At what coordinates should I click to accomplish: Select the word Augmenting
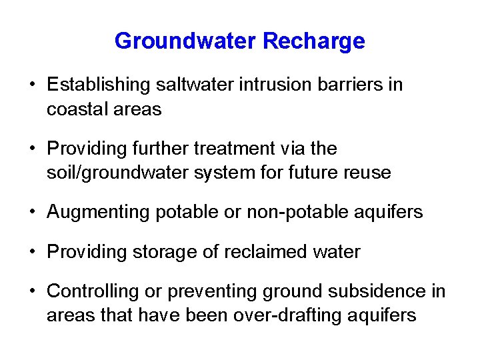(98, 212)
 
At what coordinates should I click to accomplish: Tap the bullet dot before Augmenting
(31, 213)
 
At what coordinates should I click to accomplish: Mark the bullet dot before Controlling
(31, 292)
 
